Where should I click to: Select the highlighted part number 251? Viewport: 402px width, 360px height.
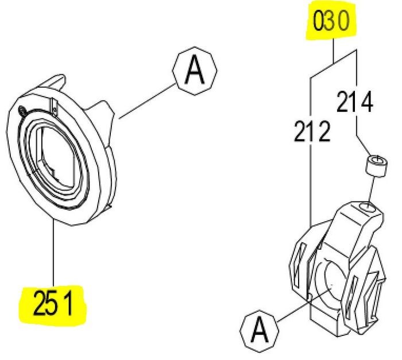[x=52, y=302]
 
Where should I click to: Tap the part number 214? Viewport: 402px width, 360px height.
[x=355, y=103]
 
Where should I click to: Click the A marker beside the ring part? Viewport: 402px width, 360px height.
[x=195, y=71]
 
